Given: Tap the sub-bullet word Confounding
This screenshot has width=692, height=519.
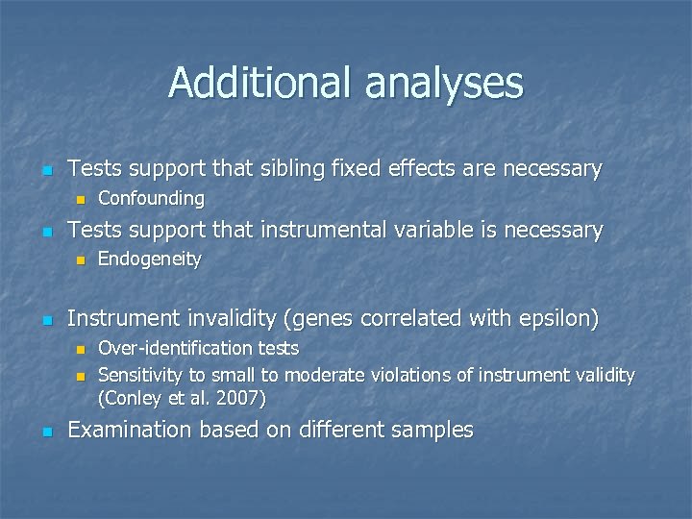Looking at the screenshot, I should (151, 199).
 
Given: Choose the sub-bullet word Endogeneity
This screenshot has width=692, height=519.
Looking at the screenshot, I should (149, 259).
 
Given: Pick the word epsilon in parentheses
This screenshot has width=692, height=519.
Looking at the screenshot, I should (559, 318).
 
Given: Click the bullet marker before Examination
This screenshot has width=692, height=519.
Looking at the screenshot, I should (44, 431).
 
